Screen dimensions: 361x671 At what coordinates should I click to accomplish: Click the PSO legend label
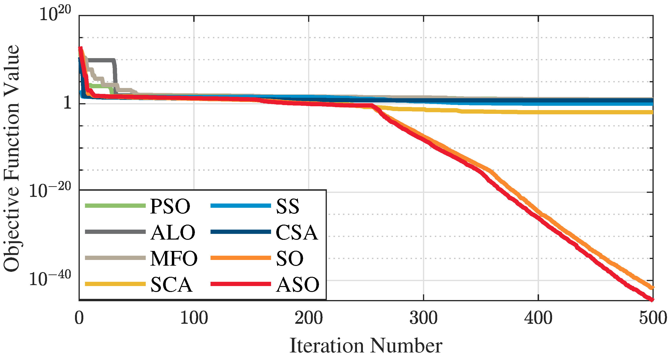point(170,207)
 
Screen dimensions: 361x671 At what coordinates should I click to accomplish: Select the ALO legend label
point(173,233)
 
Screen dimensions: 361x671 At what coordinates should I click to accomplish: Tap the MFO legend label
point(174,259)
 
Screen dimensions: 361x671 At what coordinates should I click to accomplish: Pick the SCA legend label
point(171,285)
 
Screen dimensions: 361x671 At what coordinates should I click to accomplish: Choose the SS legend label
point(288,207)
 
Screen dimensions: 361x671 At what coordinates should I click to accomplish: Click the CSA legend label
point(297,233)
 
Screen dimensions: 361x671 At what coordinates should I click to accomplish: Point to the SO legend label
point(290,259)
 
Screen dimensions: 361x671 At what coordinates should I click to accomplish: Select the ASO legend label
point(297,285)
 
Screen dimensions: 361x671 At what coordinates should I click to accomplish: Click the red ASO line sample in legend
point(241,284)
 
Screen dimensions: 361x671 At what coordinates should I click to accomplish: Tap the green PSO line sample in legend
point(115,206)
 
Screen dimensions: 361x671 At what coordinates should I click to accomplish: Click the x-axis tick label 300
point(423,318)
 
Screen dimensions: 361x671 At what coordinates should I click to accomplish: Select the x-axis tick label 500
point(653,318)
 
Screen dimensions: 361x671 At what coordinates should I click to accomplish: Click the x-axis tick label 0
point(79,318)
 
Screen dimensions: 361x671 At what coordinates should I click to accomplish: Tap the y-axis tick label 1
point(67,103)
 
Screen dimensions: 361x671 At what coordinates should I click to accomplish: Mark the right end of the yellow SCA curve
point(652,112)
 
